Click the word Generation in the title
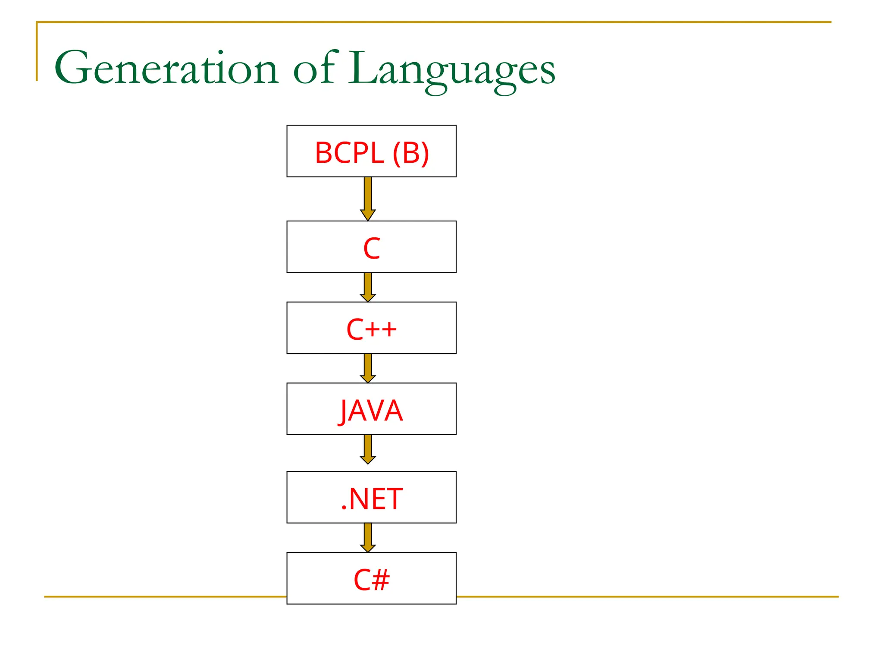166,68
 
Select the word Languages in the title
452,70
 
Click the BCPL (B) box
371,151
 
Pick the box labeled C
371,247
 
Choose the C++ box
371,328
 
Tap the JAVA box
371,409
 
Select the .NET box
371,497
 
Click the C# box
371,578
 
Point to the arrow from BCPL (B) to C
368,199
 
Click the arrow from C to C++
368,287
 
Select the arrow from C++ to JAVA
368,368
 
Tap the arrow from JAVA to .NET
368,449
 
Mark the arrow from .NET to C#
368,537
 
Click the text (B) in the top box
411,153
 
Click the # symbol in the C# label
381,580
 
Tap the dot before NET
344,508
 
